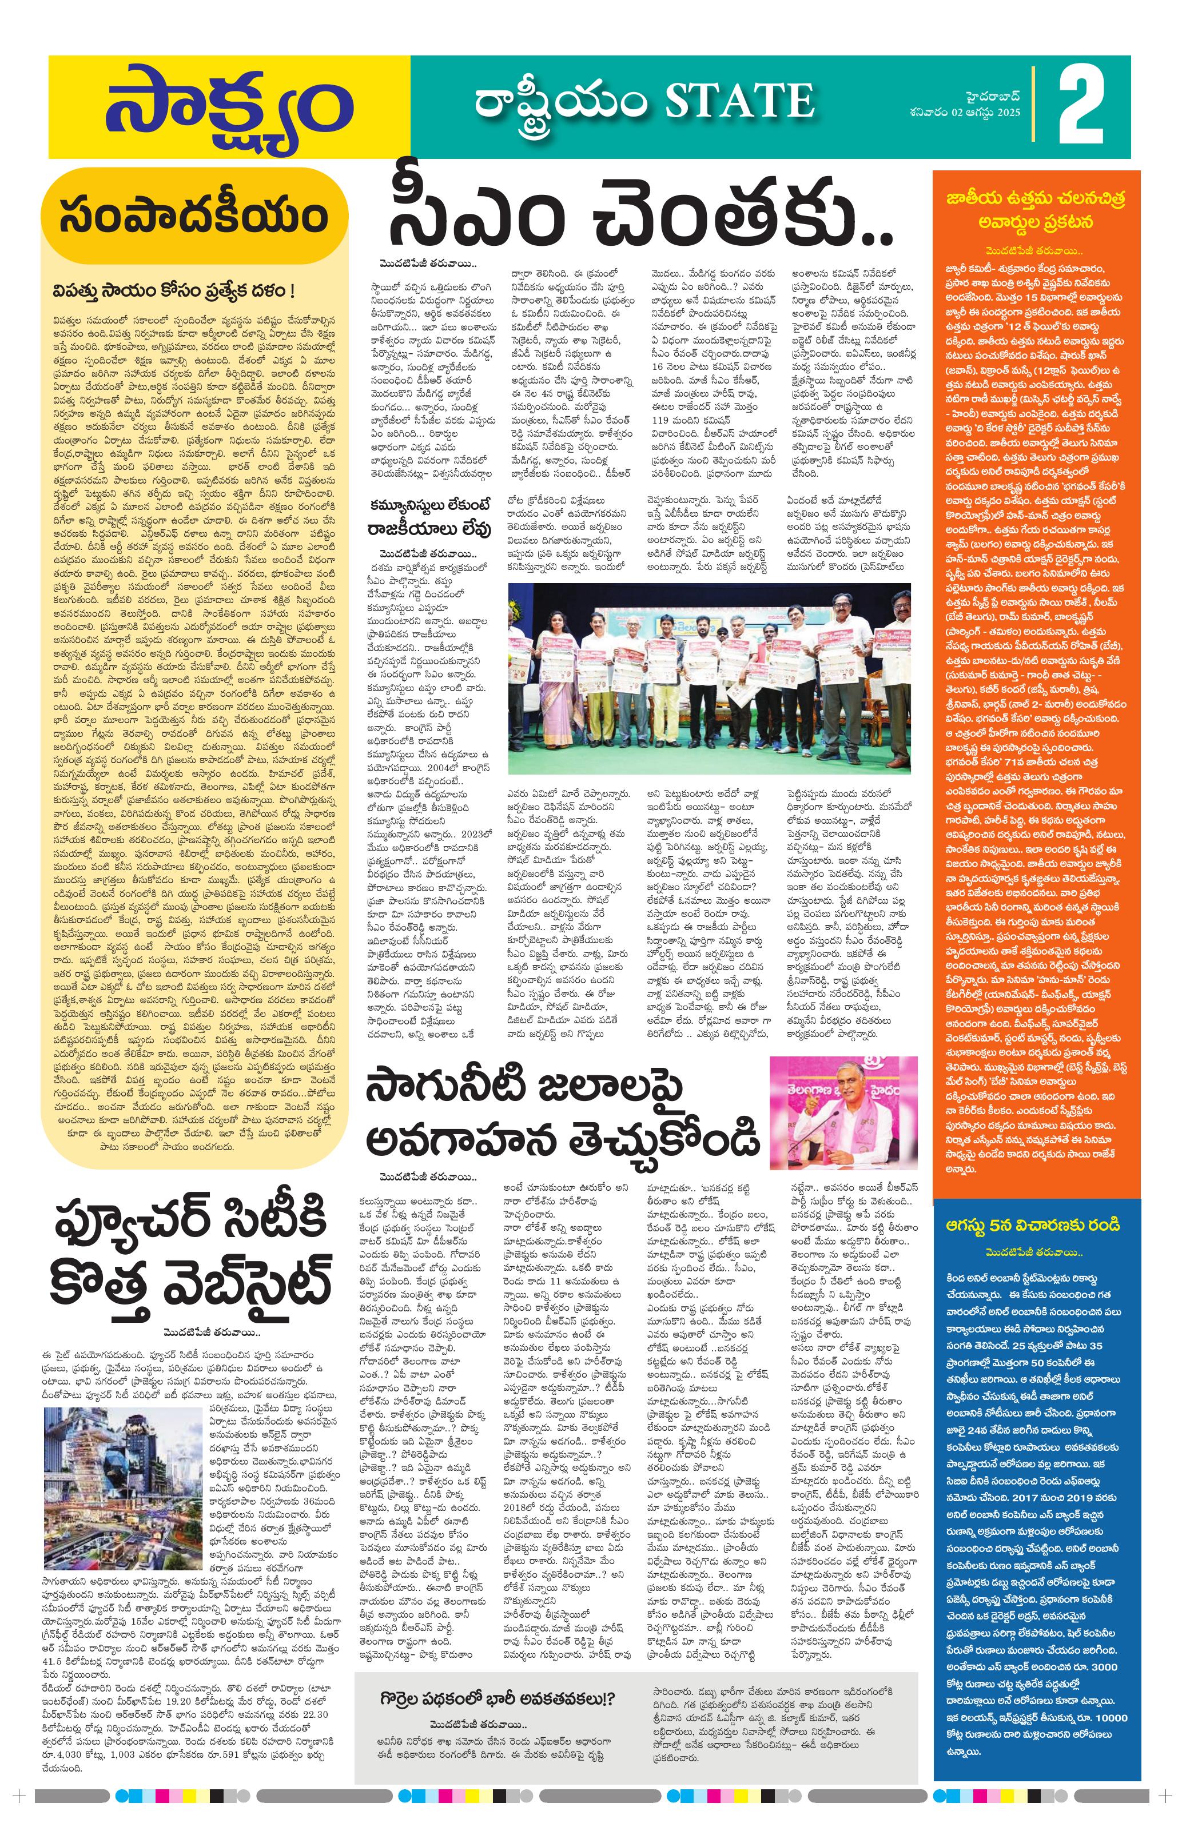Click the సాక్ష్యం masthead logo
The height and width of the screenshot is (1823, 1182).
point(228,106)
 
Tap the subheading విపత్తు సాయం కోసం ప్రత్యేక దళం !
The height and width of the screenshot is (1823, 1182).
point(174,293)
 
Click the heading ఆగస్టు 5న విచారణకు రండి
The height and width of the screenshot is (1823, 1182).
point(1034,1226)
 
